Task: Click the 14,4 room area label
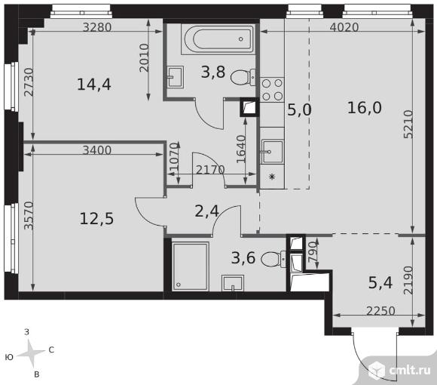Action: coord(94,85)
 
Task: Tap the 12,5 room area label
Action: coord(96,218)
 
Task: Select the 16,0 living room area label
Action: coord(364,108)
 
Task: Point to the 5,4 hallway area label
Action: coord(380,283)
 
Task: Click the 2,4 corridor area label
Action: coord(206,211)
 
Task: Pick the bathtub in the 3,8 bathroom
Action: coord(218,39)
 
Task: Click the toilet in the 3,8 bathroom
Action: coord(243,77)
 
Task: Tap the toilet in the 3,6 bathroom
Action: coord(274,259)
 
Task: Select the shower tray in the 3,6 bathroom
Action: coord(191,266)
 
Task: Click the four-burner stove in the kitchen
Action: coord(272,89)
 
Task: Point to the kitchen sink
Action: coord(272,152)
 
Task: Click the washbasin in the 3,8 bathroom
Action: coord(176,77)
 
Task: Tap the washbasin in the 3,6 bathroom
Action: coord(233,283)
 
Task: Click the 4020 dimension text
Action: coord(344,27)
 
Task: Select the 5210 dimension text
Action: coord(408,125)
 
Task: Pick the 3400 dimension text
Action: coord(96,150)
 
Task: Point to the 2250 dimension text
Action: coord(380,311)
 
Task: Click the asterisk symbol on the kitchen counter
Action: coord(272,177)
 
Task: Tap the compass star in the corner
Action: coord(31,354)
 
